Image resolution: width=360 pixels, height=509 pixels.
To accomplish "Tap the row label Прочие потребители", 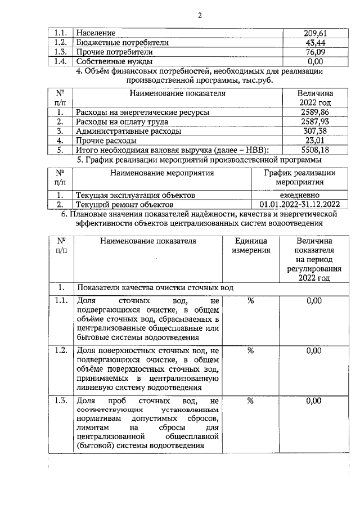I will click(106, 52).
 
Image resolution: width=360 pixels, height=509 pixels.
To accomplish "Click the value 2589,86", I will click(315, 112).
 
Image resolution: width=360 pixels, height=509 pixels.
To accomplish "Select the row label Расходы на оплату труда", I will click(122, 121).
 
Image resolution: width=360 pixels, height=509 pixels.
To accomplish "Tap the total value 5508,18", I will click(315, 150).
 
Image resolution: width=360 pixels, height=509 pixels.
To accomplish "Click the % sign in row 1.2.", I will click(251, 350).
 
